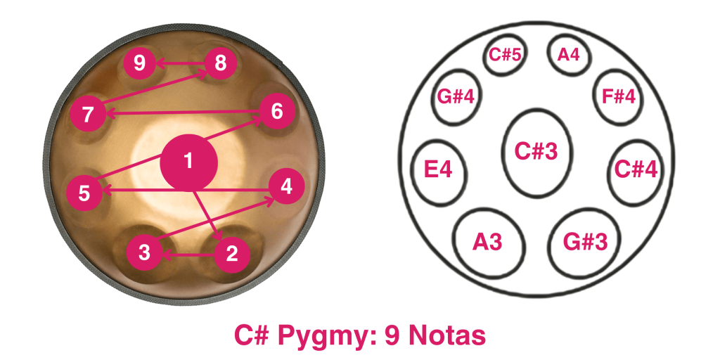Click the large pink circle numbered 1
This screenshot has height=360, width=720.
point(188,162)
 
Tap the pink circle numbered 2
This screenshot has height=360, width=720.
point(232,253)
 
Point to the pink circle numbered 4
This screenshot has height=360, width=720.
point(286,187)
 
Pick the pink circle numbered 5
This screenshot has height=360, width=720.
point(84,193)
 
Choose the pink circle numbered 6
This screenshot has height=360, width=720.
point(276,111)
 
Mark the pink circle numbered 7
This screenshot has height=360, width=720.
point(88,114)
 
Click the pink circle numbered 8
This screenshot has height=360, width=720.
point(221,64)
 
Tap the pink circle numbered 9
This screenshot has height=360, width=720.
point(140,64)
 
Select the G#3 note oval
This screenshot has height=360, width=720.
point(586,243)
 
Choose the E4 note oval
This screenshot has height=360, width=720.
point(439,171)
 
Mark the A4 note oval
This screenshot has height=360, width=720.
point(567,55)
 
